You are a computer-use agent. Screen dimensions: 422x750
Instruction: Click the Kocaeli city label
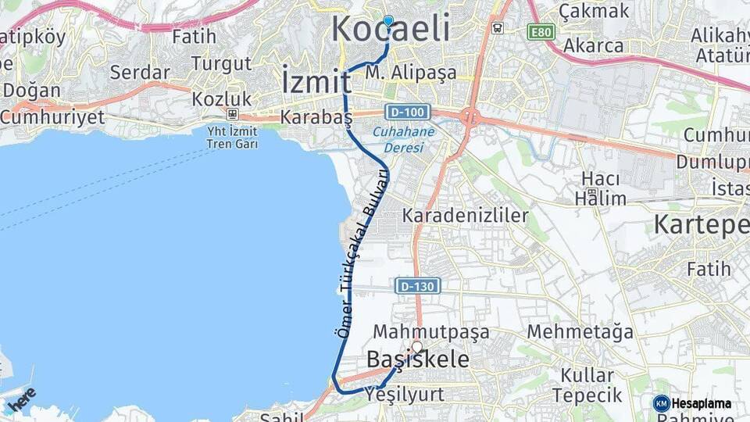pos(391,30)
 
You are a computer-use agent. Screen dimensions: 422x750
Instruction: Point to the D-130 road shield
pos(418,286)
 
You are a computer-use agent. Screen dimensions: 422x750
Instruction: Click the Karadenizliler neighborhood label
pos(466,215)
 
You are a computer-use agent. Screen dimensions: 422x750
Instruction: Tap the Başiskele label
pos(419,360)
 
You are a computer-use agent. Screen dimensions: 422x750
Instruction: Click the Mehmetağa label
pos(580,332)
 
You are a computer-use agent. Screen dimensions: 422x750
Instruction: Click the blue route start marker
pos(388,21)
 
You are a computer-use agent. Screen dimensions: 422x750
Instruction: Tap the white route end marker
pos(417,346)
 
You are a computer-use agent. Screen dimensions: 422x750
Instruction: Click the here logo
pos(20,399)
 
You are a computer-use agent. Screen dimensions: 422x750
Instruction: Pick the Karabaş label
pos(316,117)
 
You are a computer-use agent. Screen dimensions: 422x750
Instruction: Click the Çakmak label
pos(594,11)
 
